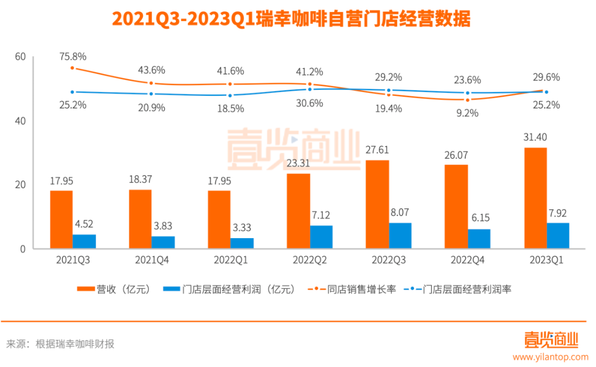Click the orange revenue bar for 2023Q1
535,198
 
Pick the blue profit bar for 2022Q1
242,243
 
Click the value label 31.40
535,137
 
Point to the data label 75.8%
72,56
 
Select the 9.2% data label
467,113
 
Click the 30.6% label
309,104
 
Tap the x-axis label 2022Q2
309,260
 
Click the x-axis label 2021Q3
72,260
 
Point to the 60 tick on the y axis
20,57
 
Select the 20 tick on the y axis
20,185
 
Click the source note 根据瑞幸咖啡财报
75,344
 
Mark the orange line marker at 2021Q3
72,68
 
